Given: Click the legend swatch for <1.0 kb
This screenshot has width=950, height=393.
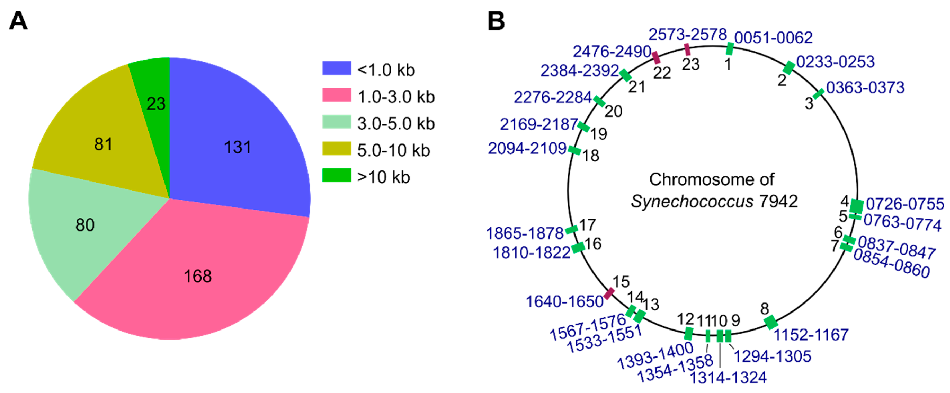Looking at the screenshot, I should pos(336,69).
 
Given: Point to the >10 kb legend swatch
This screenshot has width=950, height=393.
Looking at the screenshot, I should pos(336,175).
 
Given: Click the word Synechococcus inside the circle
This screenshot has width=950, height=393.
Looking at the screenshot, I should pos(692,202).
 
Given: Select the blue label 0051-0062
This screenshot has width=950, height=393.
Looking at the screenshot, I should pos(773,38).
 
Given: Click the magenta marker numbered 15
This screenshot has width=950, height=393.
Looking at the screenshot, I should pos(609,293).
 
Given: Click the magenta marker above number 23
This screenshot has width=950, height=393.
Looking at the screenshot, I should pos(687,49).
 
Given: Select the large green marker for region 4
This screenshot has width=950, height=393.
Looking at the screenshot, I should pos(856,206).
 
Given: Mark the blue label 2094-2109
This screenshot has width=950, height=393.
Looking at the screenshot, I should pos(527,148).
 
